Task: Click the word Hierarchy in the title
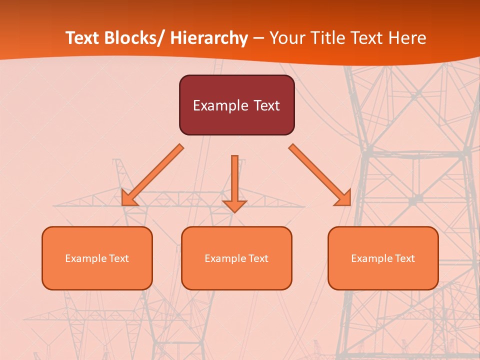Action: [x=209, y=38]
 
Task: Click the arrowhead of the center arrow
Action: [x=234, y=205]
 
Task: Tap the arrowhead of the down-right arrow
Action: [x=343, y=198]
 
